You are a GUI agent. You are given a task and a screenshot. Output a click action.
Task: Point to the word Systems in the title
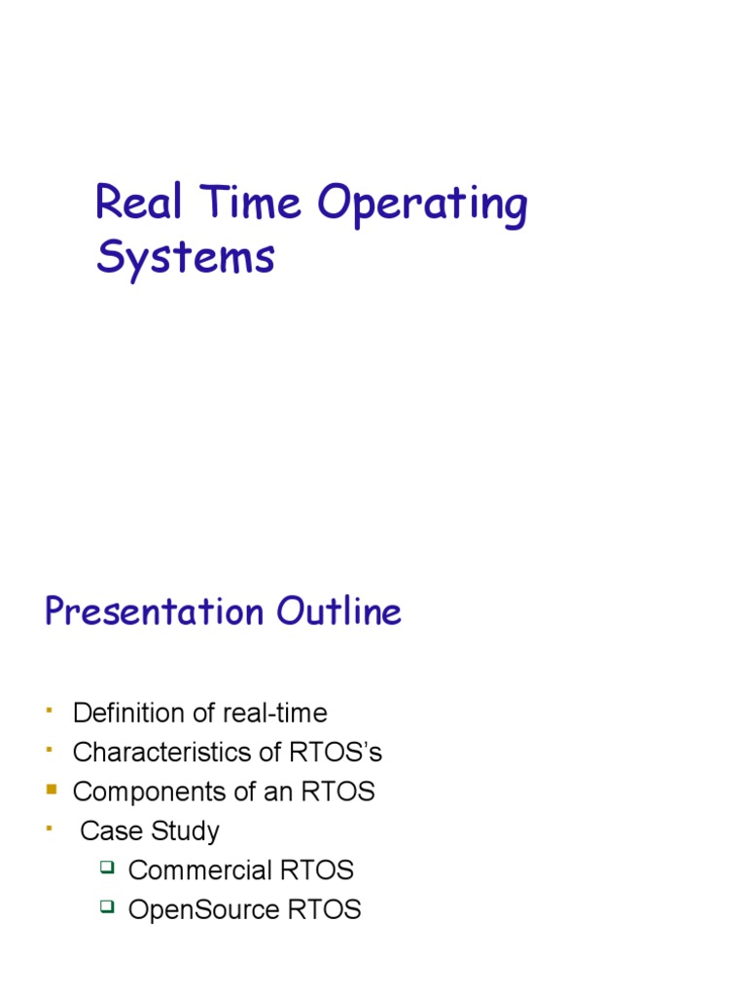click(x=185, y=258)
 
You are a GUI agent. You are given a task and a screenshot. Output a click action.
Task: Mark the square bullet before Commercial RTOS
click(x=107, y=867)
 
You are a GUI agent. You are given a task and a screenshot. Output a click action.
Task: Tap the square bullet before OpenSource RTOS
click(x=107, y=906)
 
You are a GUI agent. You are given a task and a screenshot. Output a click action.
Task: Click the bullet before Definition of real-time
click(x=49, y=711)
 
